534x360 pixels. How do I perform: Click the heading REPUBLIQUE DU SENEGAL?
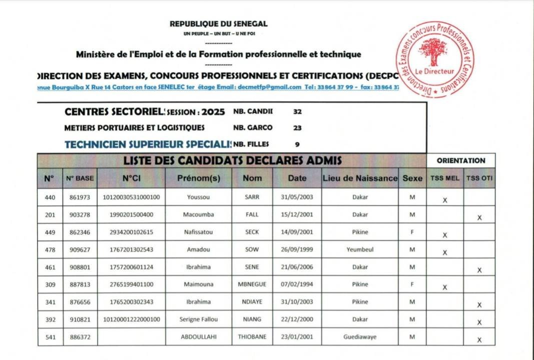click(218, 23)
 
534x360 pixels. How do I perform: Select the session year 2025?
click(213, 112)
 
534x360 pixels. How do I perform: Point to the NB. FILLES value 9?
click(297, 144)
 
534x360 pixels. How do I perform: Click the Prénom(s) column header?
click(199, 177)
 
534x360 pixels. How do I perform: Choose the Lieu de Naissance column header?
click(360, 177)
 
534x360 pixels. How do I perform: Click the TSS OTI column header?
click(479, 177)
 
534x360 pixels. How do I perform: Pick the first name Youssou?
click(199, 197)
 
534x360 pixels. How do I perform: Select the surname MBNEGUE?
click(252, 284)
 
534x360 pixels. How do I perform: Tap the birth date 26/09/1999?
click(297, 249)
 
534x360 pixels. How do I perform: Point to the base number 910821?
click(80, 319)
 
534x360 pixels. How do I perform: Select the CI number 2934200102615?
click(131, 232)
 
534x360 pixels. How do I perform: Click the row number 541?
click(50, 337)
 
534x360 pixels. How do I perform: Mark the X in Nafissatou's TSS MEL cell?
click(444, 235)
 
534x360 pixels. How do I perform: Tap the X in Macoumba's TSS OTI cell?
click(479, 218)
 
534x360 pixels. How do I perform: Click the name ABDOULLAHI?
click(199, 337)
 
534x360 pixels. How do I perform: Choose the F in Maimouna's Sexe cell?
click(412, 284)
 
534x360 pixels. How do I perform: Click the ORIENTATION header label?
click(461, 160)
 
